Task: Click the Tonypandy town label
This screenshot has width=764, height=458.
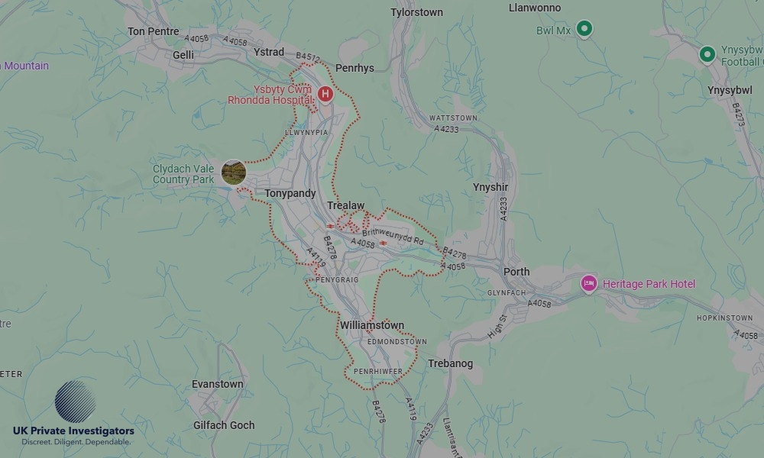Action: [x=290, y=194]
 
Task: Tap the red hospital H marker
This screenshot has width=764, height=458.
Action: [x=325, y=94]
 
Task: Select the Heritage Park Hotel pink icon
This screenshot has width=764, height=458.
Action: [x=588, y=284]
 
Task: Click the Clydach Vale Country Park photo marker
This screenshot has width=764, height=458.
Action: [x=234, y=173]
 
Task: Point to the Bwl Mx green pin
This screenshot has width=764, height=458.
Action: [x=584, y=29]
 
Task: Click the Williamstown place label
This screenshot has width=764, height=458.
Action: [x=372, y=325]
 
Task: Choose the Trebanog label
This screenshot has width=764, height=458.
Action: [x=451, y=363]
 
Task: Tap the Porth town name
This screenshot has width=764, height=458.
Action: [x=516, y=272]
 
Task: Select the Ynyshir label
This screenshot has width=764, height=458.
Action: [x=490, y=187]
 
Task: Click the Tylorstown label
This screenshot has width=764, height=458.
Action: [x=416, y=13]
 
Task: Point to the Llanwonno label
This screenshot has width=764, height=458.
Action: [x=535, y=8]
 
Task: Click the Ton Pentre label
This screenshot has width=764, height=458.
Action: [x=154, y=31]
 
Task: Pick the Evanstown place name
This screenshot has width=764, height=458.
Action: [x=217, y=384]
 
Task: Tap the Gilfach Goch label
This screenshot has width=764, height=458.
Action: [x=225, y=425]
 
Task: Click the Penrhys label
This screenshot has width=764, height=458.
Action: [x=354, y=68]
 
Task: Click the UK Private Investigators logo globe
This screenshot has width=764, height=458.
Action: [x=76, y=402]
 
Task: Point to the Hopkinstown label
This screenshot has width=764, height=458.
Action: [x=724, y=318]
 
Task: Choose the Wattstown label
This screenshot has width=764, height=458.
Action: [x=453, y=118]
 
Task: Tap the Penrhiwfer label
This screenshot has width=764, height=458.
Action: [x=378, y=371]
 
